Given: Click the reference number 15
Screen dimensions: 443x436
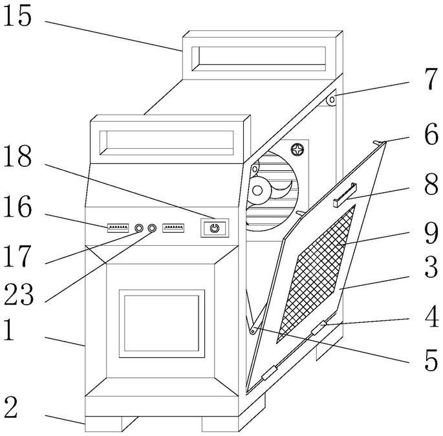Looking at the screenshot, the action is click(x=17, y=16).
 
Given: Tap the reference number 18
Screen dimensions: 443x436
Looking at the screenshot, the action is click(x=17, y=157).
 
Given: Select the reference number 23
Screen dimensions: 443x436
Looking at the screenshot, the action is click(x=18, y=294).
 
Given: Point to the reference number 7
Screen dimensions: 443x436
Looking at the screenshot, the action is click(x=431, y=79).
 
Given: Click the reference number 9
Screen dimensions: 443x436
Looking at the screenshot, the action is click(x=431, y=233).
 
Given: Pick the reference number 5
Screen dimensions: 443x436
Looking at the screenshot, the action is click(x=431, y=360).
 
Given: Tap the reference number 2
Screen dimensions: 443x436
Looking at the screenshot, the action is click(x=11, y=407).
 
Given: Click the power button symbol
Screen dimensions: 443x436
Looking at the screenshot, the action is click(x=215, y=228).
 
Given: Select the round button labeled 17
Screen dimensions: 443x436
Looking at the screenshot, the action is click(x=138, y=228).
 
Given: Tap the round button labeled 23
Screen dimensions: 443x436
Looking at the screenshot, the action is click(x=152, y=228).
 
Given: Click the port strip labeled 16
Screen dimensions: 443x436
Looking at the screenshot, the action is click(x=118, y=228).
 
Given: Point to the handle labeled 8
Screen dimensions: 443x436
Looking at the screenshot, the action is click(x=345, y=195).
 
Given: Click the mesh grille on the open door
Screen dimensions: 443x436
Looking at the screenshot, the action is click(x=316, y=274).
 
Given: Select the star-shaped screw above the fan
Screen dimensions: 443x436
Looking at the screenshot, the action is click(x=297, y=149).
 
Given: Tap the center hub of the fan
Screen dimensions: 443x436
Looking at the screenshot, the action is click(x=257, y=190).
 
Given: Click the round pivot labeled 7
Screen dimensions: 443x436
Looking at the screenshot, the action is click(x=332, y=100).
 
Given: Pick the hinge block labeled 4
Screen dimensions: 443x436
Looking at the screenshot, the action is click(x=319, y=328).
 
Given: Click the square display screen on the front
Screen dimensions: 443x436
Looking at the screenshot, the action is click(x=162, y=323).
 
